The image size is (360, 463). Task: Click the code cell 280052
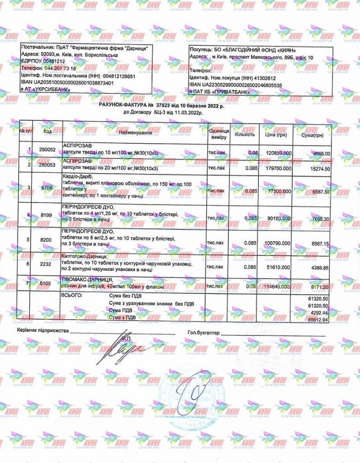(x=47, y=150)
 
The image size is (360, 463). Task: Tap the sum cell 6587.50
(x=321, y=191)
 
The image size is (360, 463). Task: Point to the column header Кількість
(x=245, y=134)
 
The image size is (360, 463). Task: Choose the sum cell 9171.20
(x=321, y=286)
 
